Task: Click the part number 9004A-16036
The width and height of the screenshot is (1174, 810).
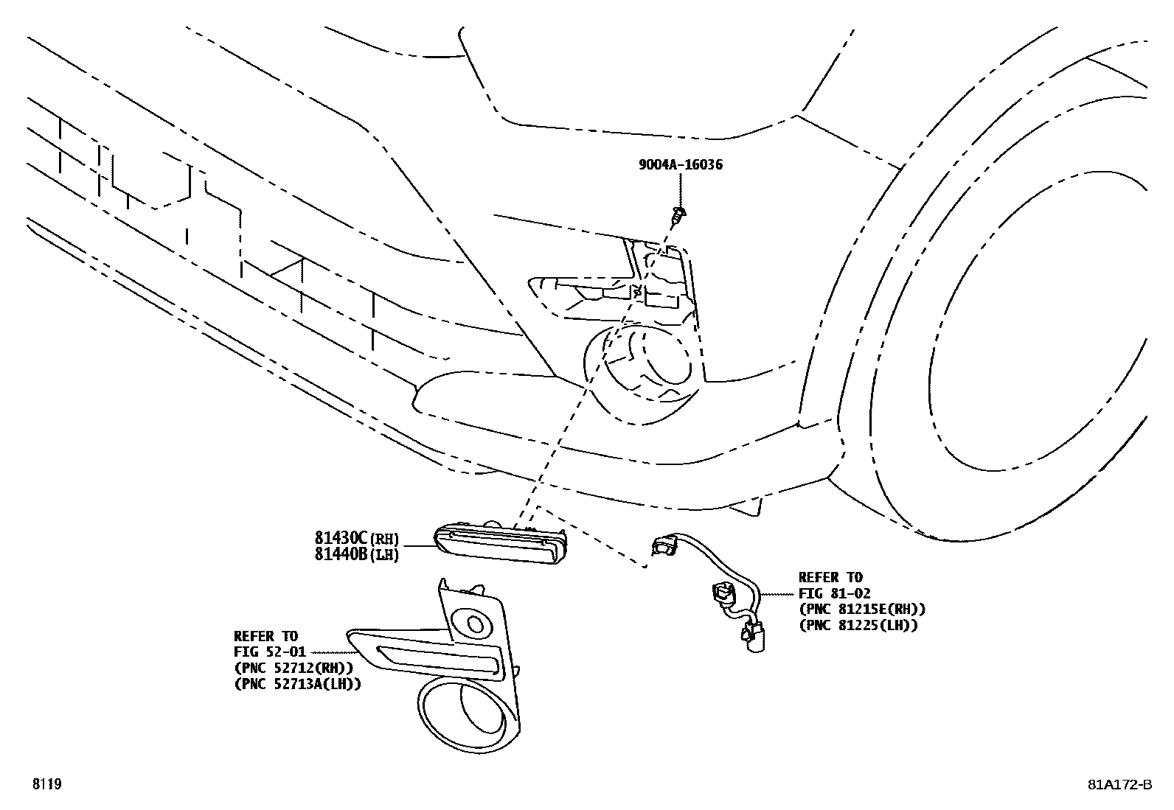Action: (x=681, y=164)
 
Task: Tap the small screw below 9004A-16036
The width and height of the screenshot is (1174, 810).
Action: (x=679, y=214)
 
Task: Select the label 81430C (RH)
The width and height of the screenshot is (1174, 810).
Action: (x=356, y=538)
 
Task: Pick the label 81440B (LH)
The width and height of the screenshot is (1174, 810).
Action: (x=356, y=554)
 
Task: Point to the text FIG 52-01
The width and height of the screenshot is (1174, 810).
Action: (x=269, y=652)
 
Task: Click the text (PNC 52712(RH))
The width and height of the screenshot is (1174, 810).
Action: (x=293, y=668)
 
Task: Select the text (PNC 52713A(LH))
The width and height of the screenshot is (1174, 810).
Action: (x=297, y=684)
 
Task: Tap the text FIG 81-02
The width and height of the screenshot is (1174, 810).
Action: (x=834, y=593)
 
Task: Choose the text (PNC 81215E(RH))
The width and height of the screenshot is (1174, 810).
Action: (x=862, y=610)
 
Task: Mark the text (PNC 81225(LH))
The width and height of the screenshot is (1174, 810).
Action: (x=858, y=626)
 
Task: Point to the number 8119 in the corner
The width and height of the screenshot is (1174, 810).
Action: (x=47, y=783)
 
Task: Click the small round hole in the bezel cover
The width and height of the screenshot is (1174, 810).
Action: (x=476, y=624)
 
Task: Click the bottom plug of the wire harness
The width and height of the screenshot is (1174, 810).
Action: (x=753, y=637)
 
